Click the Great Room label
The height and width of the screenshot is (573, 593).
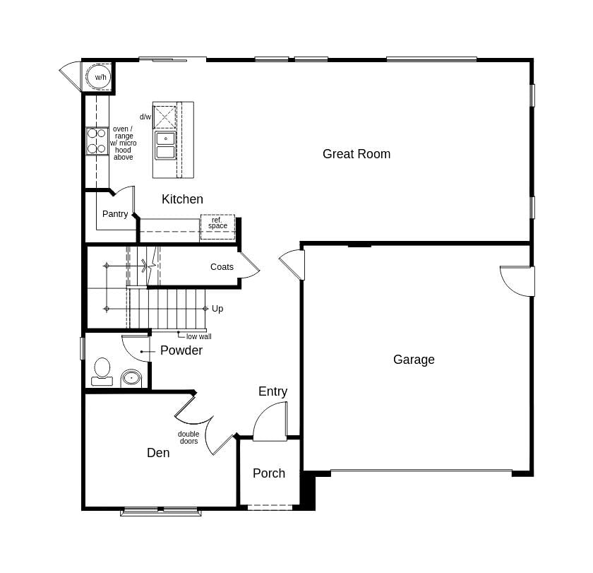356,154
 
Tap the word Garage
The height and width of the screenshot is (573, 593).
414,360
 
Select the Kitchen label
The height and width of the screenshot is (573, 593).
182,199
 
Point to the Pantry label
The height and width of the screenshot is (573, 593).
115,214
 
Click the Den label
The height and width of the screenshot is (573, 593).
158,453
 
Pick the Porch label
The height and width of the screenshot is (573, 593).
269,473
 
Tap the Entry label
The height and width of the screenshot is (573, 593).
272,391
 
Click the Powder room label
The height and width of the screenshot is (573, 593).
181,350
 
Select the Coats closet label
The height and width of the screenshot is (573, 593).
222,267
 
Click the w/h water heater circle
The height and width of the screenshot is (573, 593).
100,76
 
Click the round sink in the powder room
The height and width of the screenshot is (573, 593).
131,378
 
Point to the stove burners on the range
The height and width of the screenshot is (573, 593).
97,141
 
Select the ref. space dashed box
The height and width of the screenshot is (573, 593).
217,226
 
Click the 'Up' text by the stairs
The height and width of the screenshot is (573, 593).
217,309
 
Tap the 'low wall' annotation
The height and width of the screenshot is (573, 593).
198,337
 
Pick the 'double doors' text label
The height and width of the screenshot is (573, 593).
188,438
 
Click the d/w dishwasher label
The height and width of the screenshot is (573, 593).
145,117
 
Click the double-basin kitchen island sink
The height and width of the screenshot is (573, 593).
166,145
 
